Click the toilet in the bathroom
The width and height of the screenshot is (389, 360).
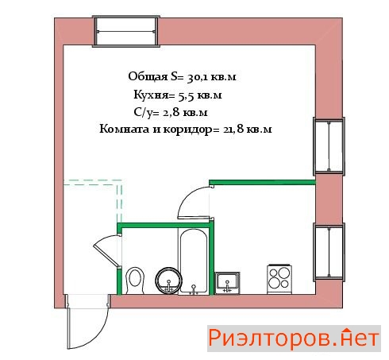(135, 281)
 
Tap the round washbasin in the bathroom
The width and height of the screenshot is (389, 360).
(169, 281)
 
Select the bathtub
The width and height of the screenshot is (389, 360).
(193, 262)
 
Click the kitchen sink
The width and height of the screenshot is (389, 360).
(227, 283)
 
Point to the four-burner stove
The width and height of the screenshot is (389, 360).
(279, 279)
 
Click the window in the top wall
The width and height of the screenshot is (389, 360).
(126, 32)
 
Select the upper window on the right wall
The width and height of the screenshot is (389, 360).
(329, 146)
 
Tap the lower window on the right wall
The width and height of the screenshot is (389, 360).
(329, 252)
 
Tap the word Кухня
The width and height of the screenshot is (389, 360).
(151, 95)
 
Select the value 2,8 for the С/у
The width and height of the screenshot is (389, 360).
(171, 113)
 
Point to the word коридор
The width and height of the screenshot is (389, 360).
(189, 130)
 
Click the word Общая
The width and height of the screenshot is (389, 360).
(148, 77)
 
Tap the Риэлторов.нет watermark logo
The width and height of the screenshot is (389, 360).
(294, 339)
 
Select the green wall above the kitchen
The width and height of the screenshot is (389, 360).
(262, 182)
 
